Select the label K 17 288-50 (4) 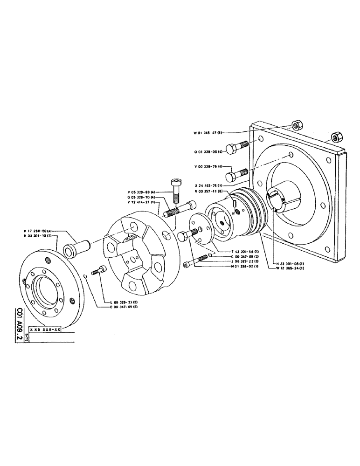click(39, 231)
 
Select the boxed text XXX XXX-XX click(45, 329)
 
